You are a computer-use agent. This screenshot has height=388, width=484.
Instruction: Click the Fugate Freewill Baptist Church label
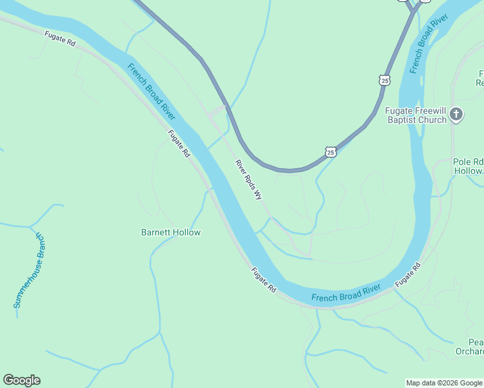[x=415, y=114]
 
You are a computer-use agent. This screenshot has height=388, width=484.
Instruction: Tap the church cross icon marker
[x=456, y=114]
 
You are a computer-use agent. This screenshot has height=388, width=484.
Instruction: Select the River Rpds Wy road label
[x=249, y=180]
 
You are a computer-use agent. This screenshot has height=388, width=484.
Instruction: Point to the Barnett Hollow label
[x=171, y=232]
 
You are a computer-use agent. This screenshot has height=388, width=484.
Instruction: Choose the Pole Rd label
[x=468, y=162]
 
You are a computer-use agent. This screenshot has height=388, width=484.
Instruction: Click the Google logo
[x=21, y=380]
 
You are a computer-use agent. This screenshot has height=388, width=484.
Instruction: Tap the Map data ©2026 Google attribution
[x=444, y=383]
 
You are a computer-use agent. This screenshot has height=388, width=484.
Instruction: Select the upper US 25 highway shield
[x=384, y=80]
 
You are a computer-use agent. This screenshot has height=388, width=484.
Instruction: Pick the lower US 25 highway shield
[x=331, y=152]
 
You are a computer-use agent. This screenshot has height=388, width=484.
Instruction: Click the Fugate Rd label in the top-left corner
[x=60, y=38]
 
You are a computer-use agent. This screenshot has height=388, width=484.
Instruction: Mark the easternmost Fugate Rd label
[x=408, y=275]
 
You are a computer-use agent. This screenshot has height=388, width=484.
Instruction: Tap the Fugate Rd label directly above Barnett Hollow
[x=179, y=144]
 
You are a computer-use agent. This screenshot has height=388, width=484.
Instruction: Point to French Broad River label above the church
[x=428, y=43]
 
